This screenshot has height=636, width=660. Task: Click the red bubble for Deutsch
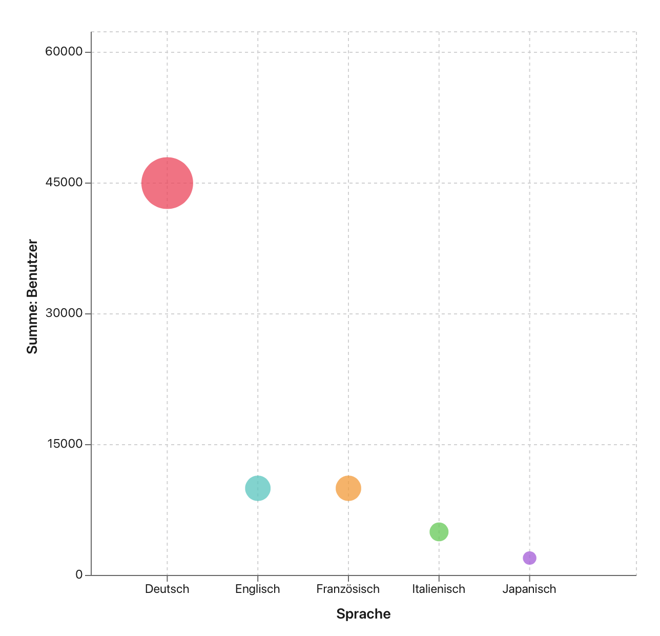[x=167, y=183]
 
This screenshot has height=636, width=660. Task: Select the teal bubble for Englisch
[x=258, y=488]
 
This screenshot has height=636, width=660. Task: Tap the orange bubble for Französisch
[x=348, y=488]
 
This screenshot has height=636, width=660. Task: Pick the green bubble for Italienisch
[x=439, y=532]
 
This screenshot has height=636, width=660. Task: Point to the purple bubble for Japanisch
[x=529, y=558]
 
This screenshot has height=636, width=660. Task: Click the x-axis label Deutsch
[x=167, y=589]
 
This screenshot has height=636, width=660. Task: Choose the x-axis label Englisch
[x=258, y=589]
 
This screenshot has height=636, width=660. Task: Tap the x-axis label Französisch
[x=348, y=589]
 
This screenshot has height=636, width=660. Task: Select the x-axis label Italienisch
[x=439, y=589]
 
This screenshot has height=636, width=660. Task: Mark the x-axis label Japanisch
[x=529, y=589]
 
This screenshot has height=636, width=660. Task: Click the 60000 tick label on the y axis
[x=64, y=52]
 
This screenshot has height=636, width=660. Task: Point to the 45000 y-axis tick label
[x=64, y=183]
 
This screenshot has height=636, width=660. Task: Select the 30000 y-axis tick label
[x=64, y=313]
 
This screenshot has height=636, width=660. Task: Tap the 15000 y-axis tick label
[x=64, y=444]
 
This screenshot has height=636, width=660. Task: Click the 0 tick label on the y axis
[x=79, y=575]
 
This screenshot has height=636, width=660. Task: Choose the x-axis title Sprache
[x=363, y=614]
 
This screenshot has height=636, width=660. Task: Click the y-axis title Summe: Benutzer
[x=32, y=296]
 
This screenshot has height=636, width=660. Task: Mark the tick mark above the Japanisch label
[x=529, y=579]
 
